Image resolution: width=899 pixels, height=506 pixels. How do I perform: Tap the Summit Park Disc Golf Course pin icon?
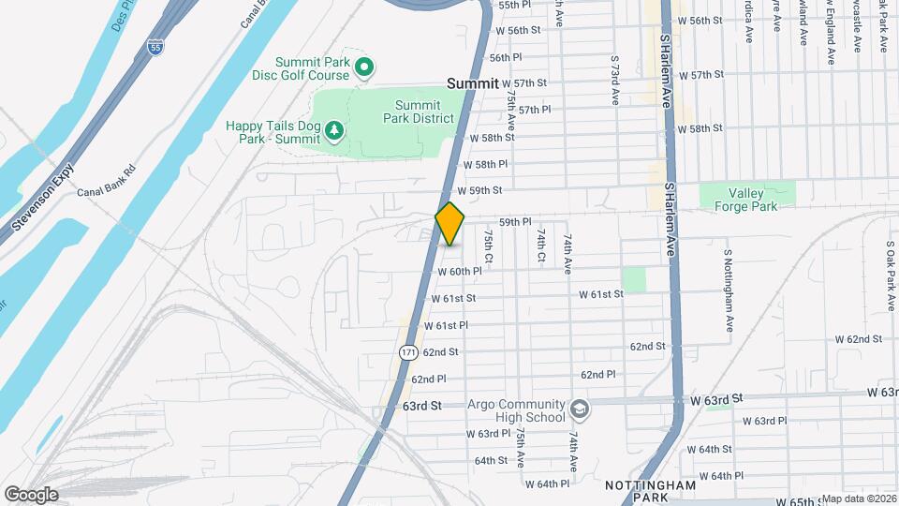(x=366, y=67)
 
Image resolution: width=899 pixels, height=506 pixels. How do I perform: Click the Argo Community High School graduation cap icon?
(x=579, y=409)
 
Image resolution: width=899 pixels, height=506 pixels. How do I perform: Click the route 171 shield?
(x=407, y=352)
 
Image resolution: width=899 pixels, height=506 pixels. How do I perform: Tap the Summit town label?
(x=473, y=83)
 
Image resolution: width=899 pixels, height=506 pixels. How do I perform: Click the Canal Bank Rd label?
(x=107, y=181)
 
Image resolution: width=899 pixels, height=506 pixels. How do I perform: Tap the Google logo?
(x=31, y=494)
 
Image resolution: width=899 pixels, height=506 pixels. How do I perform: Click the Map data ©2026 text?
(x=858, y=499)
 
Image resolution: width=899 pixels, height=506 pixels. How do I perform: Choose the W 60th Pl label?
(x=460, y=272)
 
